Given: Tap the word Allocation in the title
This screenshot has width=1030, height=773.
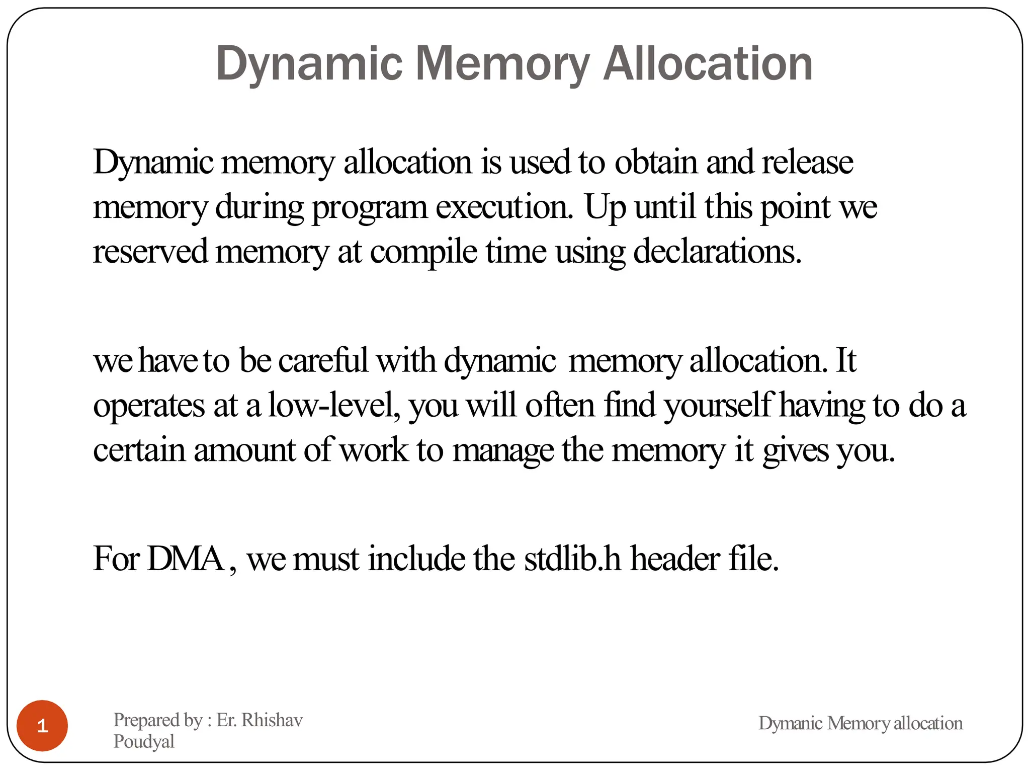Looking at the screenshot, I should point(708,64).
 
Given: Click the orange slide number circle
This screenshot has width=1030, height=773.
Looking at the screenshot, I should point(42,725).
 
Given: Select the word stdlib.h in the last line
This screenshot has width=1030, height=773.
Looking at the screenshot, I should point(572,559).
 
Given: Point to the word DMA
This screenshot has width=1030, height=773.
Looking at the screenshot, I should point(186,559).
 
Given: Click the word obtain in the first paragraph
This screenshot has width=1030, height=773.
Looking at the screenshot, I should point(656,163).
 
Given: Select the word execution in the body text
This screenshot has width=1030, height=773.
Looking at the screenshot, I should point(504,207).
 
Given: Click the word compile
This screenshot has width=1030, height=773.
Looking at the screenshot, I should point(423,252).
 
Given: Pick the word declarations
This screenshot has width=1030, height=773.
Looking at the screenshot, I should point(717,252).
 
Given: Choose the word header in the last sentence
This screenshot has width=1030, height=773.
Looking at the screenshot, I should point(675,559).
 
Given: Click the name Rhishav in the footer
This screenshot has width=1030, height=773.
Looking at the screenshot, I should point(272,720).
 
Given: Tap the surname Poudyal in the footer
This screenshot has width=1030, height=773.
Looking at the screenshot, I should point(144,741).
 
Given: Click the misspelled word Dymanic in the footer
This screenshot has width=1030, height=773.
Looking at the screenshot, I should point(790,723).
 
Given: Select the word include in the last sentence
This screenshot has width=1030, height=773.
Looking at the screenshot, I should point(416,559).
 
